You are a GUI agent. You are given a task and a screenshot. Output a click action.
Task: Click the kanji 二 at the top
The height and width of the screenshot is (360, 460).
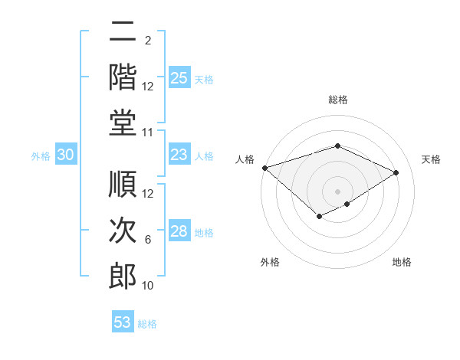tap(123, 33)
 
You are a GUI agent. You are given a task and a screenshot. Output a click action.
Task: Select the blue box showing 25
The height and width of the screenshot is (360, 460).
tap(179, 78)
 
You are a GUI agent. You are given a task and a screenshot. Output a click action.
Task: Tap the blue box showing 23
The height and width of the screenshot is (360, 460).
tap(179, 155)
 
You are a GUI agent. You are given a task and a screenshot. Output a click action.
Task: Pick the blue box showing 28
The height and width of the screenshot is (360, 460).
tap(179, 232)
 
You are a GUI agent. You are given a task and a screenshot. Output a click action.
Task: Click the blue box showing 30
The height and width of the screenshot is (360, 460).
tap(66, 155)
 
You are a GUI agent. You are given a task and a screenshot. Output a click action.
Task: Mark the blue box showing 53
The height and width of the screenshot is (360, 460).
tap(123, 322)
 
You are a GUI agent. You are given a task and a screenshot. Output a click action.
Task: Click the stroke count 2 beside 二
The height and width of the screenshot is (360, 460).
tap(148, 41)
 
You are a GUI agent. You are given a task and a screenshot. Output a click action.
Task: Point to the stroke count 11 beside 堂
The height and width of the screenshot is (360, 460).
tap(148, 133)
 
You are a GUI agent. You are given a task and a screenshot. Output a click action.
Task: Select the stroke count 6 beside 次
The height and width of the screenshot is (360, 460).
tap(148, 240)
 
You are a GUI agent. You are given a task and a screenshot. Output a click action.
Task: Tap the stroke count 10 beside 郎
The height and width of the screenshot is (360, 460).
tap(148, 286)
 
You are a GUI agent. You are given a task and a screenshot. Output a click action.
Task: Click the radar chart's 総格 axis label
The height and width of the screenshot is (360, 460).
tap(337, 100)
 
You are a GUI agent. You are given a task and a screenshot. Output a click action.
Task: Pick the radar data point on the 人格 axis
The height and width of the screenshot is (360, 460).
tap(264, 168)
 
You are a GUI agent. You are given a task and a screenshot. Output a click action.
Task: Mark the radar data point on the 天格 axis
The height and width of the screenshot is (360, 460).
tap(396, 172)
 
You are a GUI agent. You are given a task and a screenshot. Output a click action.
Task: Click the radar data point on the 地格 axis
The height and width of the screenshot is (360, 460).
tap(347, 204)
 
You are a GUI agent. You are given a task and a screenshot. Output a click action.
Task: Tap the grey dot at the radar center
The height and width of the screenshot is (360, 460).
tap(337, 191)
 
